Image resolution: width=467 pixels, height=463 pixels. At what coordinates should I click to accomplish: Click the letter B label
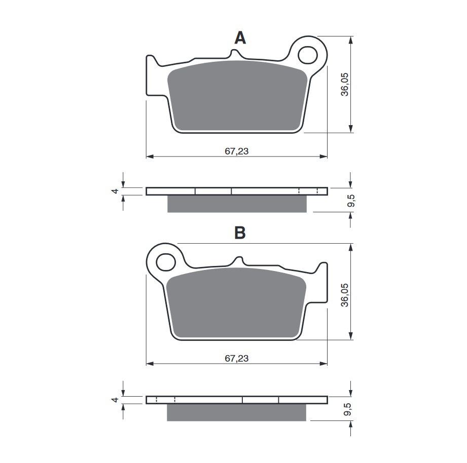click(240, 233)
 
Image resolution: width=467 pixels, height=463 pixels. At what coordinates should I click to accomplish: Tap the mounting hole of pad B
click(165, 261)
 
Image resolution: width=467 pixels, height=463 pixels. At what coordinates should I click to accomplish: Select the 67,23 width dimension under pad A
click(236, 150)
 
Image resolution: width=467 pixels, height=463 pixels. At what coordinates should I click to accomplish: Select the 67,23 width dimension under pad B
click(236, 358)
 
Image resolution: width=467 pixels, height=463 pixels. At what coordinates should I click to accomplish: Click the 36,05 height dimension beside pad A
click(345, 84)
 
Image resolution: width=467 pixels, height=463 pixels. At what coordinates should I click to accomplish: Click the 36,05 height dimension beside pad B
click(345, 292)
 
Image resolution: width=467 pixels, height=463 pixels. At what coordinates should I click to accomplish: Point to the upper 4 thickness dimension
click(116, 191)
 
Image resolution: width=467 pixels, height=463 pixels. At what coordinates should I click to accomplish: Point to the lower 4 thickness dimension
click(116, 400)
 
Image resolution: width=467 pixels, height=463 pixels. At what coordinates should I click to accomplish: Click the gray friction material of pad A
click(238, 96)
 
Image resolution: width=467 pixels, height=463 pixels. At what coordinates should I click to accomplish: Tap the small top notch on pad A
click(235, 53)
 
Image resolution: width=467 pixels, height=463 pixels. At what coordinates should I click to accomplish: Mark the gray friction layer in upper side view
click(237, 204)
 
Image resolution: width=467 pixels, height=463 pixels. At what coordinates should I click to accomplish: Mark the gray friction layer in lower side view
click(237, 412)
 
